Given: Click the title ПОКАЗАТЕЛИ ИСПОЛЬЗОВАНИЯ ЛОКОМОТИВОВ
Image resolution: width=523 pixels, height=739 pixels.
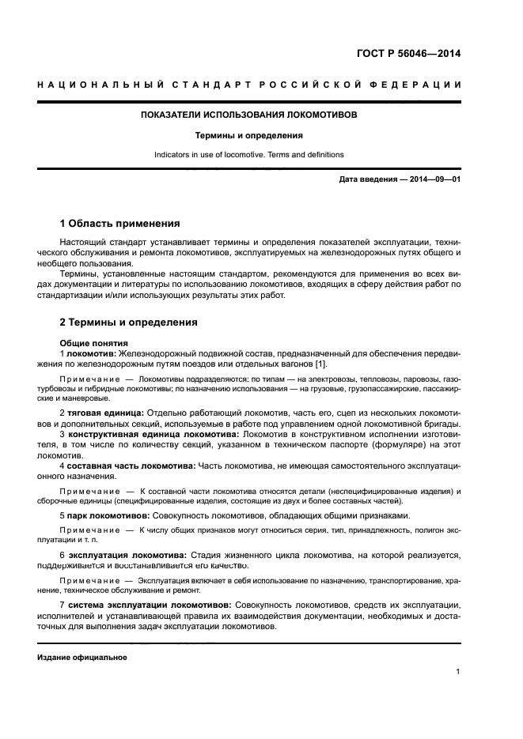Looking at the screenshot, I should pyautogui.click(x=249, y=115).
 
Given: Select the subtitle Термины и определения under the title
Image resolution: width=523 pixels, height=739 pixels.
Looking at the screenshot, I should pyautogui.click(x=249, y=135).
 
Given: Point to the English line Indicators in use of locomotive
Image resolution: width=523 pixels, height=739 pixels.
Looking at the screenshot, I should pyautogui.click(x=249, y=155).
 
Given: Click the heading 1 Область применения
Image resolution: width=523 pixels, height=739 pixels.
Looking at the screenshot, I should pyautogui.click(x=120, y=224).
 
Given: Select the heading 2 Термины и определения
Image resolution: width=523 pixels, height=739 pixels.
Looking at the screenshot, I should pyautogui.click(x=129, y=322).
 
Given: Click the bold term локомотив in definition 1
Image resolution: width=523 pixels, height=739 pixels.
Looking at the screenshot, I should pyautogui.click(x=91, y=353).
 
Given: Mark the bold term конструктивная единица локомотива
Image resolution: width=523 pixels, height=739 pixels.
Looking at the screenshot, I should pyautogui.click(x=152, y=434).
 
